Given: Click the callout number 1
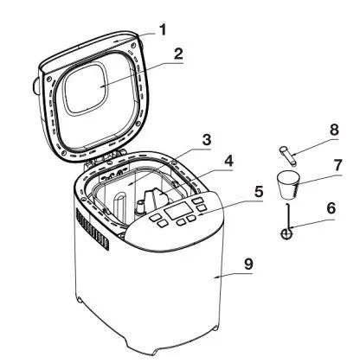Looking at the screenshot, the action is point(163,30).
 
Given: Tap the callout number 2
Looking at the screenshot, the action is point(178,54).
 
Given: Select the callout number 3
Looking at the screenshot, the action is point(207,140).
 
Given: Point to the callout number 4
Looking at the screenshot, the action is point(228,162).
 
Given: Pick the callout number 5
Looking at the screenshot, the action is point(258,191).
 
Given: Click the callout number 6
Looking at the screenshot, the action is point(331,208).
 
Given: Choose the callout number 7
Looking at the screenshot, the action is point(337,164).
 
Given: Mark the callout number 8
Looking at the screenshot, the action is point(334,130).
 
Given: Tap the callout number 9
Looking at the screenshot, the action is point(248,264).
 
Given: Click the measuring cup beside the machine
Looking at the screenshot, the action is point(288,185).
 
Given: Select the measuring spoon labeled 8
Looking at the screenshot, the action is point(287,156).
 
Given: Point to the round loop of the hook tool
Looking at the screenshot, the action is point(287,233).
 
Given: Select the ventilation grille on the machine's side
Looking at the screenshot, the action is point(93,230).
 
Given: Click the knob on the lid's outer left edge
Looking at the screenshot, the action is point(36,86).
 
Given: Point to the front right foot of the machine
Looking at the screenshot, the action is point(215,328).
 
